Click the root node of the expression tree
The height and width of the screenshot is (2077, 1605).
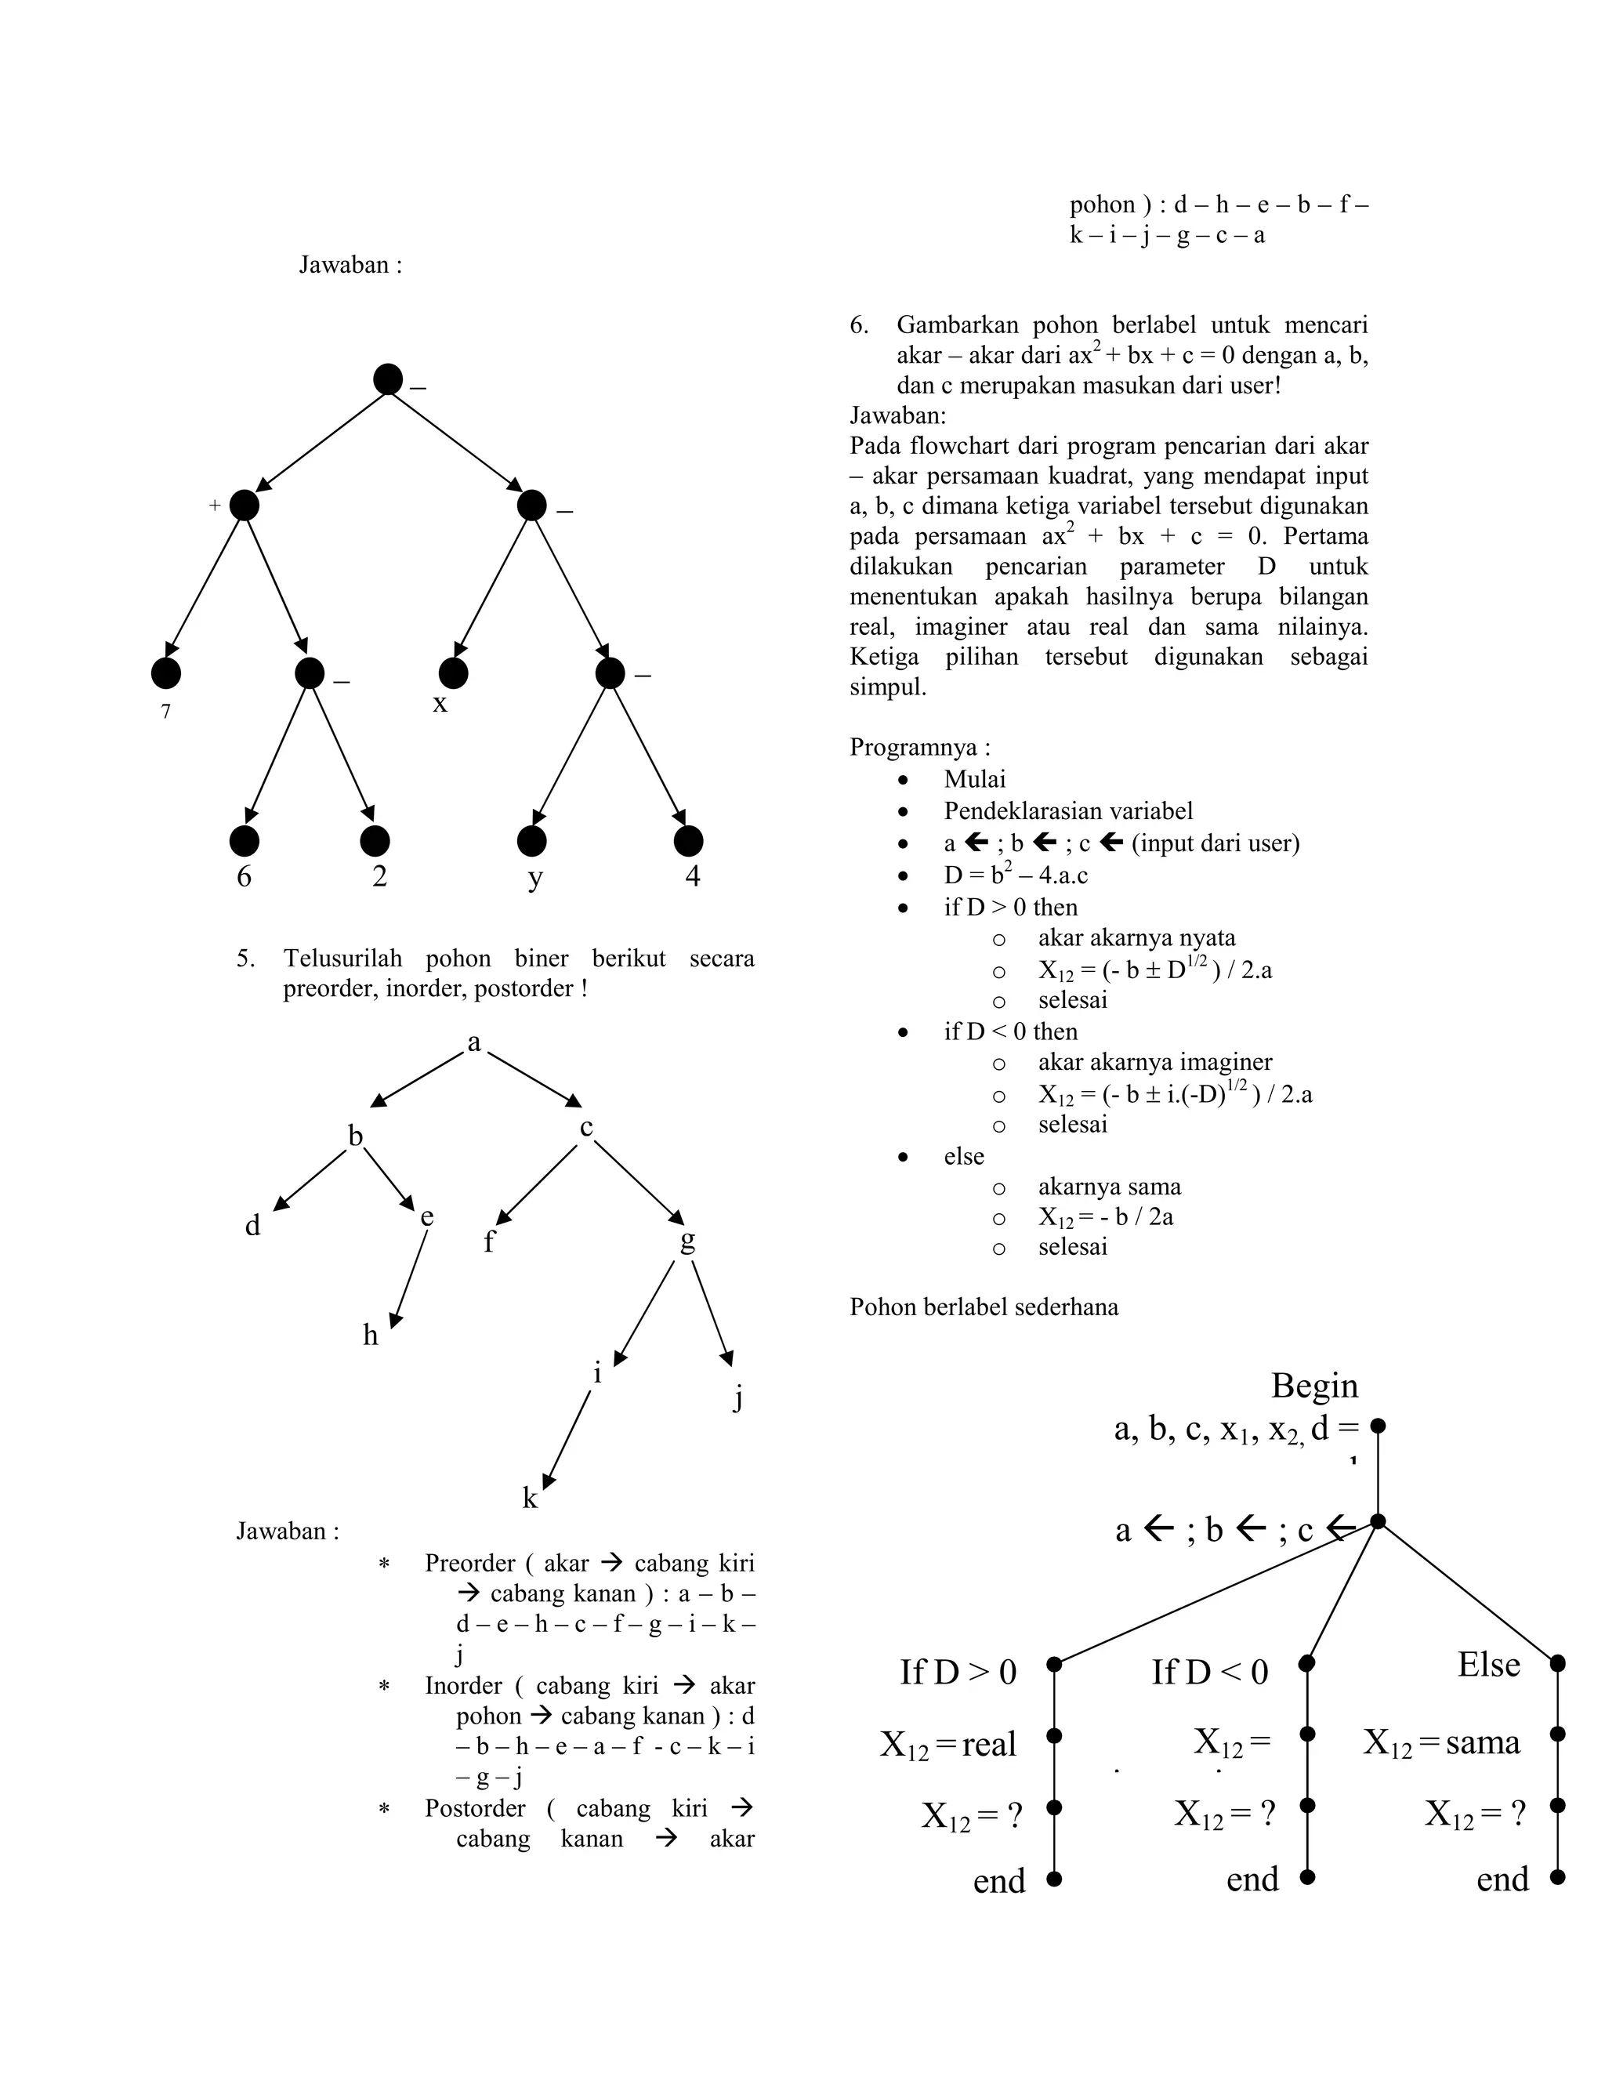[387, 379]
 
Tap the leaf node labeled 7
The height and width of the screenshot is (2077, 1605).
[165, 673]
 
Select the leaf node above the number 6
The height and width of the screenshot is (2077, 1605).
[245, 841]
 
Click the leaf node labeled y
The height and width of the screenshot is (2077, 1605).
[531, 841]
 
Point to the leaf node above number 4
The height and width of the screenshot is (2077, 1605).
[687, 841]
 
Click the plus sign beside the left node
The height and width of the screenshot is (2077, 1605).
[215, 506]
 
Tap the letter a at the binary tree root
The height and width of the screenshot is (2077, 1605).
[473, 1043]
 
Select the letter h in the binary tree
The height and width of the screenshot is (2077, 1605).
[370, 1336]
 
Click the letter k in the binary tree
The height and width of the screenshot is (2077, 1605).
[530, 1499]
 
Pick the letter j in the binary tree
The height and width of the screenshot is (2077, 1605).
[737, 1398]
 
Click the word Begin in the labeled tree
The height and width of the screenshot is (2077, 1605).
[1314, 1386]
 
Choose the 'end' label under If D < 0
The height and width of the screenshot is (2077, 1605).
[1252, 1879]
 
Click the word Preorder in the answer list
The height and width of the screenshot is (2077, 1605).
[469, 1564]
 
